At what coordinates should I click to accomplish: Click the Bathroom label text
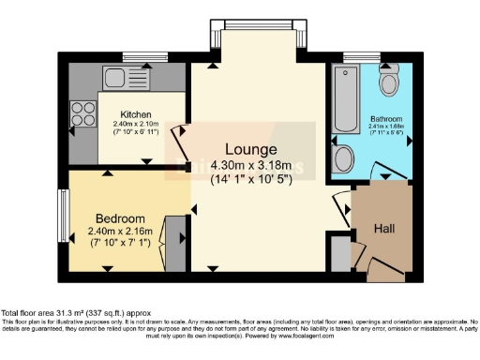tap(384, 120)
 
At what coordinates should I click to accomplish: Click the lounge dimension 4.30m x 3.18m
tap(250, 166)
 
